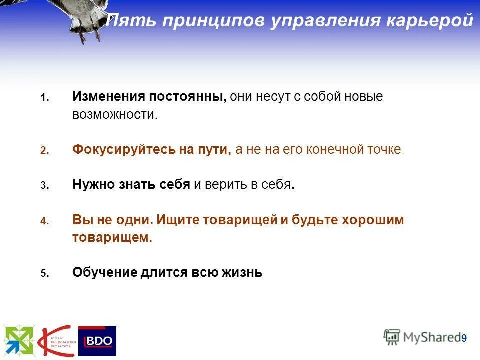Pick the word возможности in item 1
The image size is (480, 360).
pos(114,114)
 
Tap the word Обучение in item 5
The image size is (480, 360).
pos(105,273)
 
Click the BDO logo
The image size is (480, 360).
pos(97,341)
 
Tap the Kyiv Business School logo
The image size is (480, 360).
pos(57,341)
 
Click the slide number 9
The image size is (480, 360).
pos(464,338)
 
